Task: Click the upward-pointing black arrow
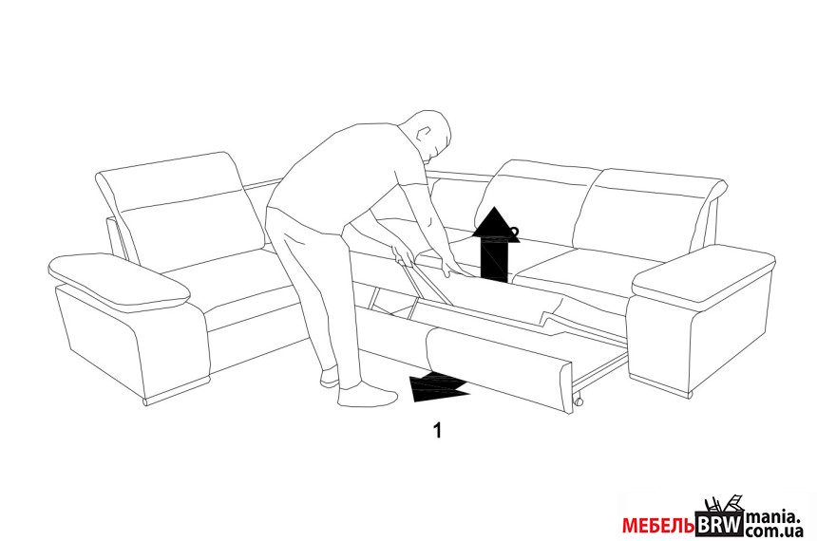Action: [496, 244]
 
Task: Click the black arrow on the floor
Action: [439, 387]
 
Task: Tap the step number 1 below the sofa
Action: [438, 431]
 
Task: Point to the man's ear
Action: [425, 133]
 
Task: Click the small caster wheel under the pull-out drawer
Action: [578, 401]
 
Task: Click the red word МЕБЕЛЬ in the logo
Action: [658, 526]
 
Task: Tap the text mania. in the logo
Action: [772, 518]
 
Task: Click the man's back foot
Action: [331, 378]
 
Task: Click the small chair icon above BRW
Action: [724, 505]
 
